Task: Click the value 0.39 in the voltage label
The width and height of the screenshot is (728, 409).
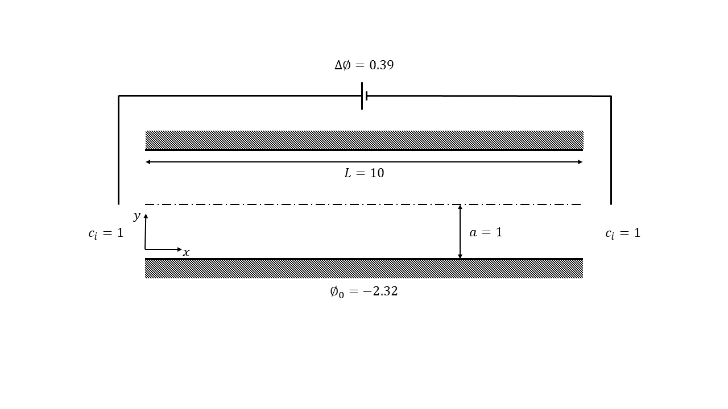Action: (x=382, y=65)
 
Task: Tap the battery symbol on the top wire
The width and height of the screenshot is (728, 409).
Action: (x=365, y=96)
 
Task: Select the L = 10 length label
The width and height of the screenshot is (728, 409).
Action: (x=364, y=173)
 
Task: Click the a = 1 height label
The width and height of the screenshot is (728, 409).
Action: (x=486, y=232)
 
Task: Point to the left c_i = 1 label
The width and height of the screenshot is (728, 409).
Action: (x=106, y=233)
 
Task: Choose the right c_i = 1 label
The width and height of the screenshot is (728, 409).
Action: (x=623, y=233)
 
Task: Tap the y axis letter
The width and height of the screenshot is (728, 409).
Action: (x=137, y=216)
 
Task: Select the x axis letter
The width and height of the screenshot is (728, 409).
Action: (x=186, y=253)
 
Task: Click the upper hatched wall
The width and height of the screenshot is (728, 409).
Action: (x=364, y=140)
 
